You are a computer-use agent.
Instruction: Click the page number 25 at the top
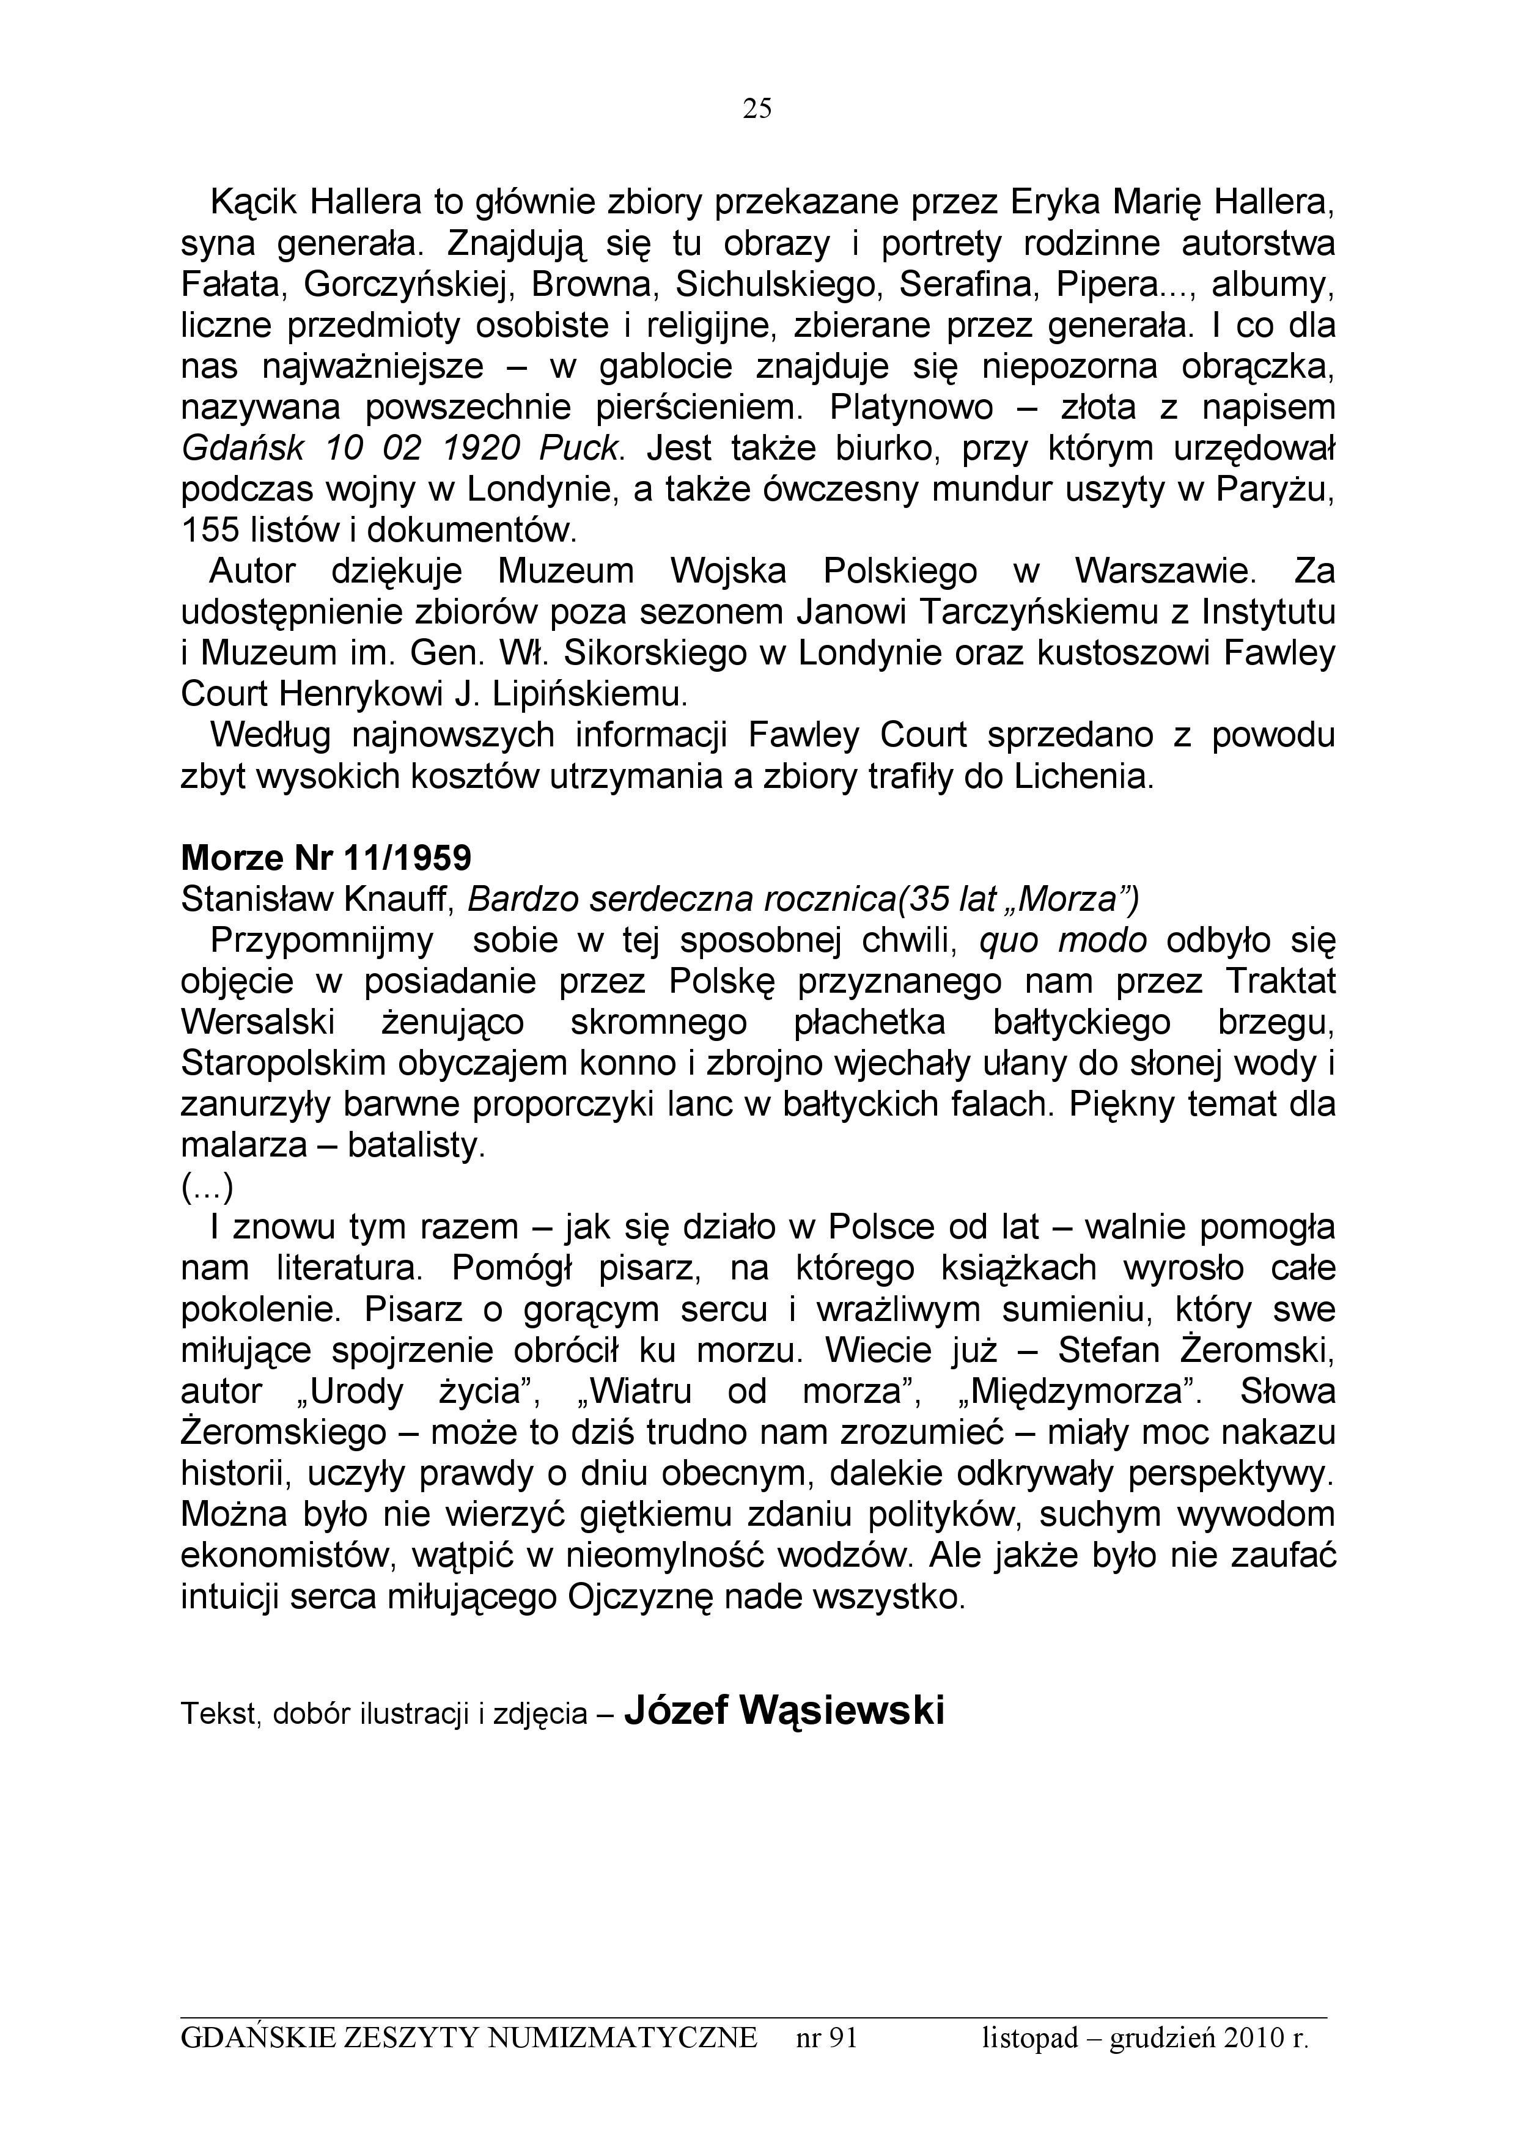pyautogui.click(x=757, y=110)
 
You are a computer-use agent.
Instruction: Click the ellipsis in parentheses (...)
pyautogui.click(x=207, y=1187)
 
